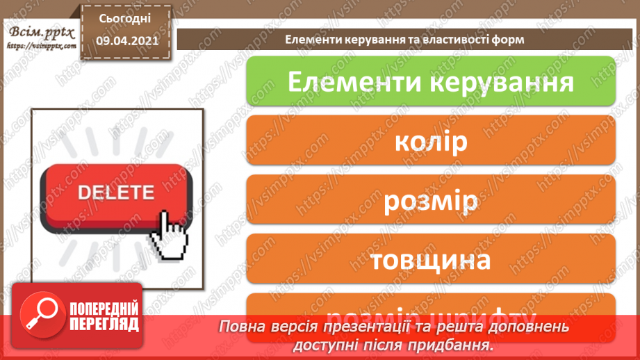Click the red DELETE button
115,194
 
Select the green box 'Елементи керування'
431,81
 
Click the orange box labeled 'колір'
431,142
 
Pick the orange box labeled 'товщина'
431,260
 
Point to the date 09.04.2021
125,41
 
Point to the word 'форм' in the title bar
509,40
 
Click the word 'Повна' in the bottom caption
238,327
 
